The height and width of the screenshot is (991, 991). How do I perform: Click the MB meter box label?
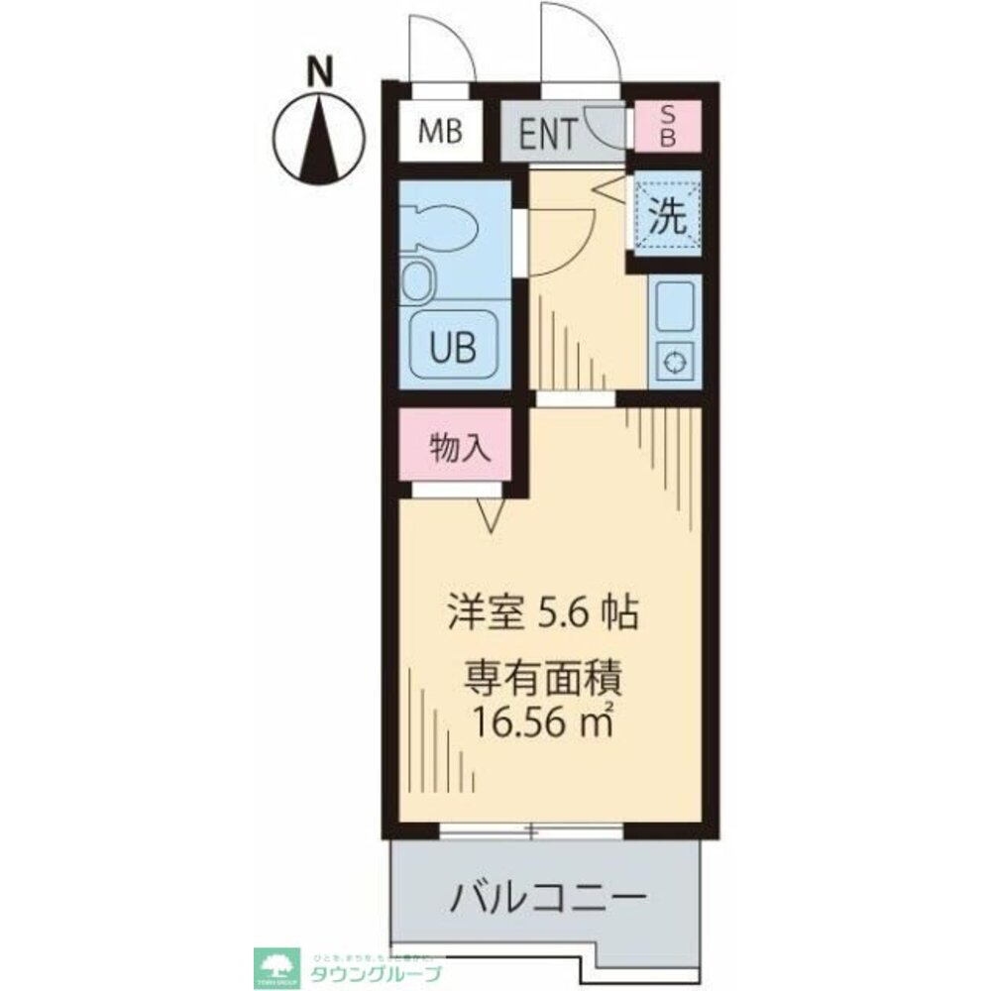pyautogui.click(x=440, y=132)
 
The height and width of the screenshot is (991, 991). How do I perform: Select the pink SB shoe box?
pyautogui.click(x=667, y=128)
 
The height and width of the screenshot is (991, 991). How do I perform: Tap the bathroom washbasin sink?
pyautogui.click(x=420, y=281)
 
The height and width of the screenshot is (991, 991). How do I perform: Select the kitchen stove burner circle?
pyautogui.click(x=675, y=363)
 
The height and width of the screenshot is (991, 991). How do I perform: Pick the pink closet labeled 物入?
pyautogui.click(x=459, y=448)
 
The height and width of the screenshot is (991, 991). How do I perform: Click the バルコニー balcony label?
pyautogui.click(x=550, y=898)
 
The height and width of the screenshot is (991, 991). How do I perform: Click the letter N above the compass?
pyautogui.click(x=318, y=72)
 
